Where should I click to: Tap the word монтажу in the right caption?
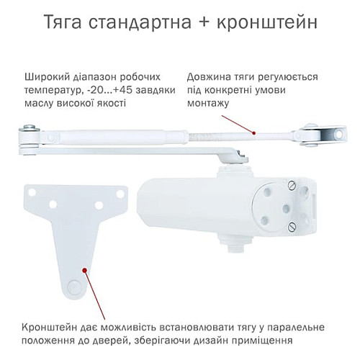tap(208, 104)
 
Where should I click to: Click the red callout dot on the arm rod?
tap(253, 132)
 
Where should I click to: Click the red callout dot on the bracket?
tap(86, 271)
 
